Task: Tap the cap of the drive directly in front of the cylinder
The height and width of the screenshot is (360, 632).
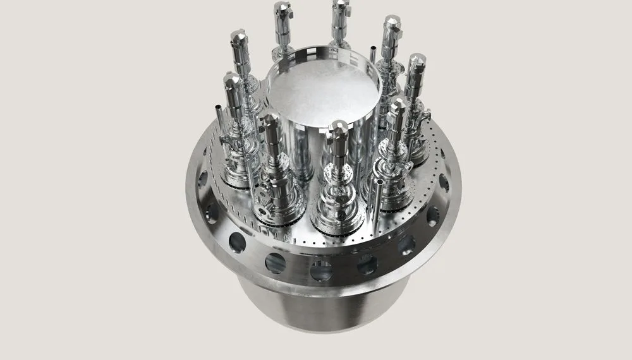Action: pos(339,129)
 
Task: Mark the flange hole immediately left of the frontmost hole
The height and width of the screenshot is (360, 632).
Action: pos(276,263)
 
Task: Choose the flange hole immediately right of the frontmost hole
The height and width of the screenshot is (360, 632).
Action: pos(367,265)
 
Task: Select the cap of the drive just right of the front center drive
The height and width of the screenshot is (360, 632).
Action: pos(397,107)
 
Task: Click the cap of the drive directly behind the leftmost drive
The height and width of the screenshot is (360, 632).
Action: pos(240,38)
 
